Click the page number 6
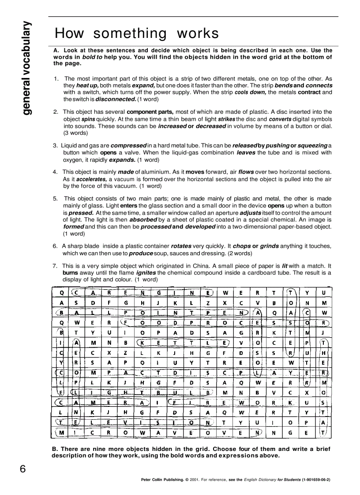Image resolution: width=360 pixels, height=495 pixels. (22, 469)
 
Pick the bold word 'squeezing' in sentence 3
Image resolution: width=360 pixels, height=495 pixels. (312, 145)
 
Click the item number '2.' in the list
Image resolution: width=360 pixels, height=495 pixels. (56, 112)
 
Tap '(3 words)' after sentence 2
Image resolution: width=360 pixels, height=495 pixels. (76, 133)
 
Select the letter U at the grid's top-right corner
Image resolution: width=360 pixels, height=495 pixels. (324, 293)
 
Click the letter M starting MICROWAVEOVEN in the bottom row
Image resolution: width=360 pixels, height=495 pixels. (61, 433)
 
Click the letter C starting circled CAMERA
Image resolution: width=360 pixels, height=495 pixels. (61, 403)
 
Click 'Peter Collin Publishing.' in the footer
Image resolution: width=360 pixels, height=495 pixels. (161, 479)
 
